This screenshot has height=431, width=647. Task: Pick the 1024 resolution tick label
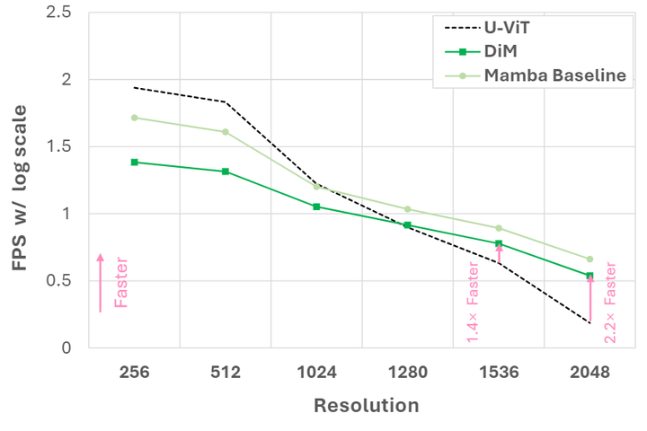coord(315,370)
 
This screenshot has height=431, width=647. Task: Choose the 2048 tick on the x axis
coord(589,370)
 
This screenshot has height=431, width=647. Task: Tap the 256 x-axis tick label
coord(134,370)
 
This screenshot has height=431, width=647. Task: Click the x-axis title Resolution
coord(366,406)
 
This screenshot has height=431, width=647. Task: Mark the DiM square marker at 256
coord(135,162)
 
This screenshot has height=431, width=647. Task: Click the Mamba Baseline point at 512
coord(226,132)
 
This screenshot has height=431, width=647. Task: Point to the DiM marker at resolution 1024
coord(316,207)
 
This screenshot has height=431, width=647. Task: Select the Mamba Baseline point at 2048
coord(589,259)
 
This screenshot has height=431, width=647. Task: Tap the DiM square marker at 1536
coord(499,243)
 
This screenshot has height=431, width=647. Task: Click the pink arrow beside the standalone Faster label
coord(100,282)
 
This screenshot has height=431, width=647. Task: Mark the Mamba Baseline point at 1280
coord(407,209)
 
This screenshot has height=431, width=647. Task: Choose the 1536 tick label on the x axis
coord(498,370)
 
